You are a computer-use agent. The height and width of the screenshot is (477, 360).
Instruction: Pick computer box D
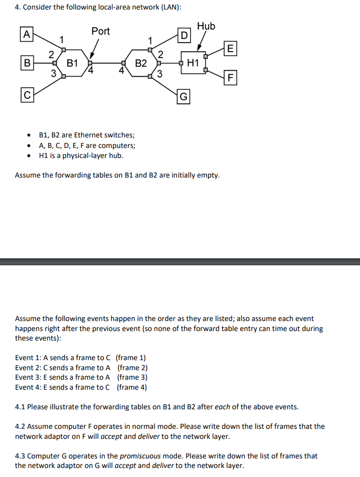coord(185,36)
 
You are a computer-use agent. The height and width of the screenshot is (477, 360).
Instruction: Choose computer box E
coord(230,49)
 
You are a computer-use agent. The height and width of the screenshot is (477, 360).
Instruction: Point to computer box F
coord(230,78)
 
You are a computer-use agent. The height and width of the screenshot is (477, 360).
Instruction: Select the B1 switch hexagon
coord(73,63)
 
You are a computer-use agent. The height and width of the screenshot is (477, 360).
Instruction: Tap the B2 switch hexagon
coord(141,63)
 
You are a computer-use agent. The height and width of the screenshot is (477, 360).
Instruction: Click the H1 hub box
coord(193,63)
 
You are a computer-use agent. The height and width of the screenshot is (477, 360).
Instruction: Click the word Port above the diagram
coord(100,31)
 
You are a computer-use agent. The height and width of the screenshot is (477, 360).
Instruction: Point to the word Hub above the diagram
coord(206,26)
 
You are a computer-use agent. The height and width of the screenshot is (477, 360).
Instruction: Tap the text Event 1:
coord(31,358)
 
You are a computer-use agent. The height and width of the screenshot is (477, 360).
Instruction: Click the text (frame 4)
coord(132,387)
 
